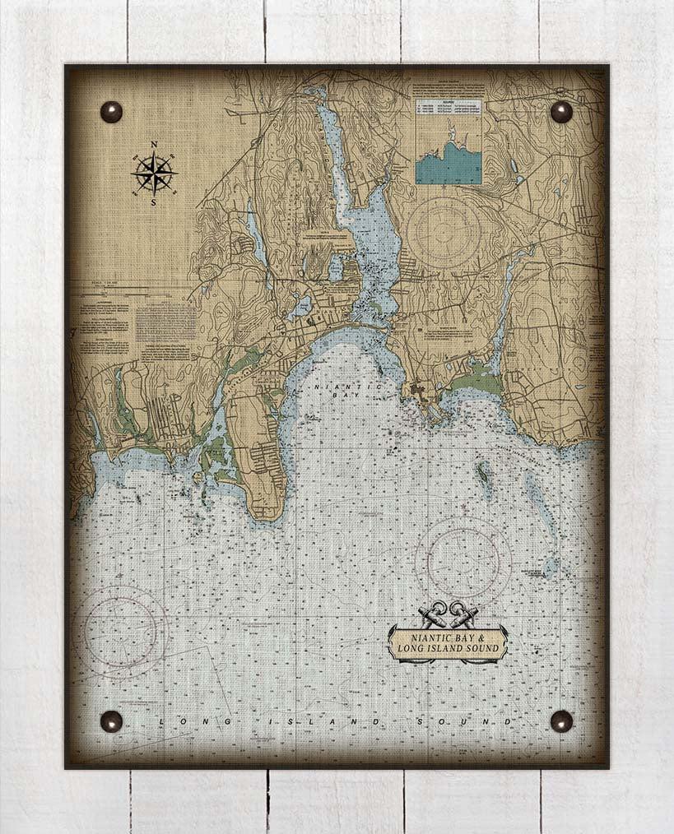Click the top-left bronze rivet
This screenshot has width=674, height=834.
111,112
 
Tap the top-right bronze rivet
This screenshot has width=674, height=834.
561,112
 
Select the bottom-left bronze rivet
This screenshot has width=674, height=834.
111,721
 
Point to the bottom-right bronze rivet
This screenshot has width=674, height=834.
561,721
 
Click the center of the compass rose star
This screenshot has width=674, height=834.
154,173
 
